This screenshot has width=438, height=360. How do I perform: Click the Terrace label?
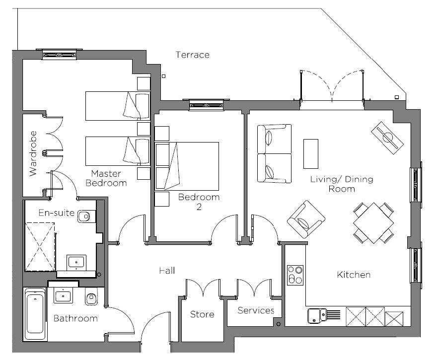pyautogui.click(x=192, y=55)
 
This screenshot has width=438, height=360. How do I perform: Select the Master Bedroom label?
pyautogui.click(x=106, y=178)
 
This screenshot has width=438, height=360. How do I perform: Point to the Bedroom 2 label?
pyautogui.click(x=199, y=202)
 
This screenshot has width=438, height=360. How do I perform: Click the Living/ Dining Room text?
pyautogui.click(x=341, y=184)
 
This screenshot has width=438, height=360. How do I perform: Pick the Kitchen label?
pyautogui.click(x=354, y=275)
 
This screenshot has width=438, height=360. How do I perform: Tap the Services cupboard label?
pyautogui.click(x=256, y=311)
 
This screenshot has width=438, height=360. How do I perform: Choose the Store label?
pyautogui.click(x=202, y=314)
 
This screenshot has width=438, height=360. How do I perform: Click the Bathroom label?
pyautogui.click(x=75, y=318)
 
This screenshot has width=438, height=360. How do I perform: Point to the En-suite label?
pyautogui.click(x=57, y=214)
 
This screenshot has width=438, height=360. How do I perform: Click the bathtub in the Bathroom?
pyautogui.click(x=36, y=314)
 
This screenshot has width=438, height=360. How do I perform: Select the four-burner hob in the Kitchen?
pyautogui.click(x=295, y=275)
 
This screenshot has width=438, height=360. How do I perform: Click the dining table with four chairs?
pyautogui.click(x=373, y=222)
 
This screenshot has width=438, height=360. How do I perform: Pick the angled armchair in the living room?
pyautogui.click(x=306, y=219)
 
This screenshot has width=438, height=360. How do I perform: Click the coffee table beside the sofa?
pyautogui.click(x=311, y=153)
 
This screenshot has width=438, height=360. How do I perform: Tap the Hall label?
pyautogui.click(x=167, y=271)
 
